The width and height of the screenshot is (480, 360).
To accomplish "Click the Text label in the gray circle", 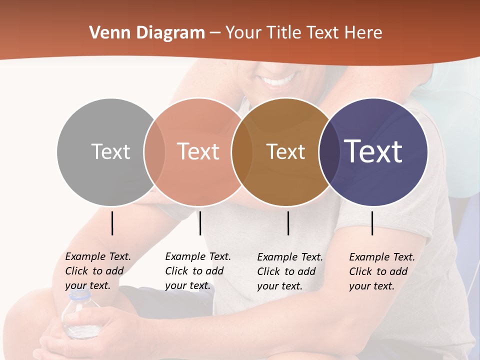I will pos(110,151).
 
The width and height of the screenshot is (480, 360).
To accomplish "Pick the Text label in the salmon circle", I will pos(198,151).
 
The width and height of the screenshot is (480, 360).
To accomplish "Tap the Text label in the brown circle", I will pos(285,151).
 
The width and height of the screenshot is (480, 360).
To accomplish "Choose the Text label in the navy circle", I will pos(373,151).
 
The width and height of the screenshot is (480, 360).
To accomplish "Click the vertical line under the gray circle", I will pos(112,223).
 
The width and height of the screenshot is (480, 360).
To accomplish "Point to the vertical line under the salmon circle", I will pos(200,223).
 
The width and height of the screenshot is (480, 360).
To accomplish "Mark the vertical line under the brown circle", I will pos(288,223).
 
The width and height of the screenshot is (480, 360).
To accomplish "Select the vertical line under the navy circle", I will pos(372,223).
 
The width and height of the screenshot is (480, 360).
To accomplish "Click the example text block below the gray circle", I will pos(98,271).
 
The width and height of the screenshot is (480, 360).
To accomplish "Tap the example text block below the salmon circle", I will pos(198,271).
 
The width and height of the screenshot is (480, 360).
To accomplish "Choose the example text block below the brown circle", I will pos(290,271).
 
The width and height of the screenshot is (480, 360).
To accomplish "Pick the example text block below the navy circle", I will pos(382,271).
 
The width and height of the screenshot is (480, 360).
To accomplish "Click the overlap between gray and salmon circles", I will pos(154,151).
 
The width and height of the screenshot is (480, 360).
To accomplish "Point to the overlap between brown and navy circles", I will pos(328,151).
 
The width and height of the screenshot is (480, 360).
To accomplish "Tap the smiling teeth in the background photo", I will pos(278,80).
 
